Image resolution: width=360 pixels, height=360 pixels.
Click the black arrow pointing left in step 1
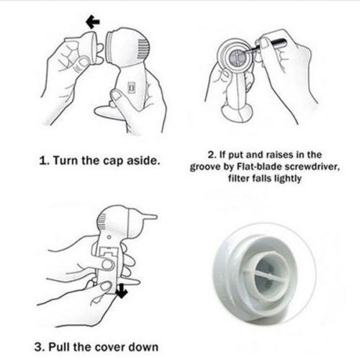click(x=93, y=22)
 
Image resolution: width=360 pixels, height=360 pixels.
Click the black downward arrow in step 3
click(x=122, y=291)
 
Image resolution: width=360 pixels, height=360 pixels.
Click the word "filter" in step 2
click(x=238, y=179)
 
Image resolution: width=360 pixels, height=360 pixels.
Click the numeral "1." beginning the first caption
click(x=44, y=161)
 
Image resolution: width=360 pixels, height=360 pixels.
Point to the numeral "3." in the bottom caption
click(x=39, y=347)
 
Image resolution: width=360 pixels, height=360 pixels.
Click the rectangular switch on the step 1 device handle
click(x=131, y=87)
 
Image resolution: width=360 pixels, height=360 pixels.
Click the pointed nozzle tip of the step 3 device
click(x=155, y=217)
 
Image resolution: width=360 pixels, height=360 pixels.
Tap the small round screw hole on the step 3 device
click(x=109, y=238)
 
